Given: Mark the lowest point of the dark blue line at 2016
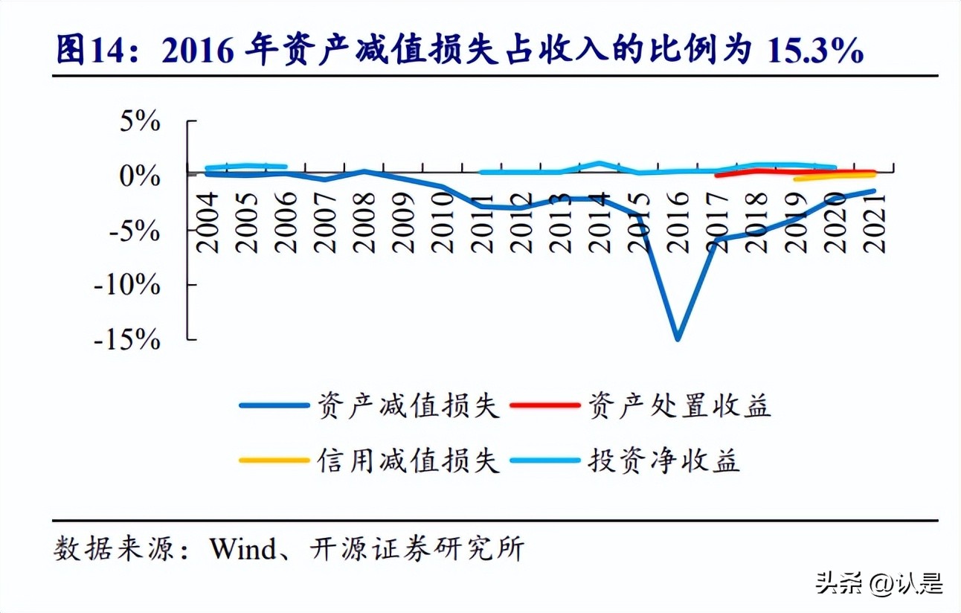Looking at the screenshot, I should tap(678, 339).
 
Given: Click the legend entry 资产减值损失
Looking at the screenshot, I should tap(408, 406).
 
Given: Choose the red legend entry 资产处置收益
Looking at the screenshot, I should tap(678, 406).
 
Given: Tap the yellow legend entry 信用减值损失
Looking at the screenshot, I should tap(408, 460).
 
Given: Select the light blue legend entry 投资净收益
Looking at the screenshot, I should tap(663, 460).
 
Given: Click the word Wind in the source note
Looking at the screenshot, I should tap(237, 549).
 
